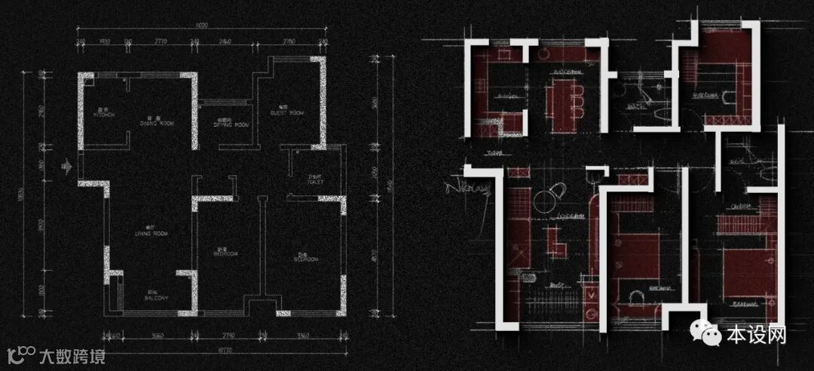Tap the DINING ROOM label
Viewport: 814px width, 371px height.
pos(156,121)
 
